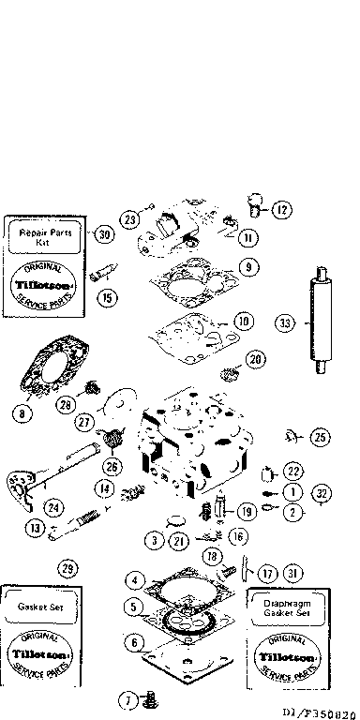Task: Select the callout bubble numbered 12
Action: tap(282, 210)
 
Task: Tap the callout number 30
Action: tap(103, 234)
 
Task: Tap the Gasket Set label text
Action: tap(39, 607)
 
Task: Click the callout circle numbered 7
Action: tap(126, 698)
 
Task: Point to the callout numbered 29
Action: tap(67, 568)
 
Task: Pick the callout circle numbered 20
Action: tap(255, 360)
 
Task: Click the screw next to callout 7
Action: tap(147, 699)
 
